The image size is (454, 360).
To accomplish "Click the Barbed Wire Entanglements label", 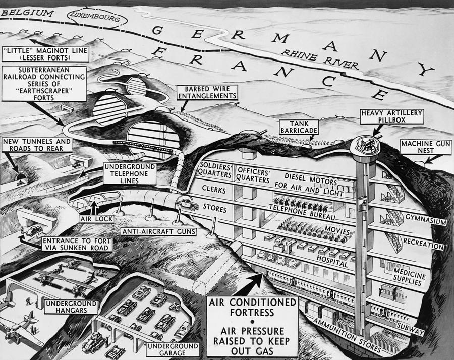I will point(207,93).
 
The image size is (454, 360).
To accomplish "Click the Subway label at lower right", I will point(411,327).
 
